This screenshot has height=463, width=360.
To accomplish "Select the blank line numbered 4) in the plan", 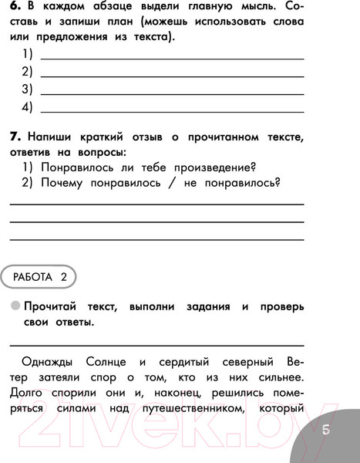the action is (171, 110).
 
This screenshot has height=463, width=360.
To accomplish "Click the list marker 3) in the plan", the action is (27, 90).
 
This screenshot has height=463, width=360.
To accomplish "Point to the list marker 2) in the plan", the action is (27, 72).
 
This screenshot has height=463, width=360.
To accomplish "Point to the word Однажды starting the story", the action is (50, 361).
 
